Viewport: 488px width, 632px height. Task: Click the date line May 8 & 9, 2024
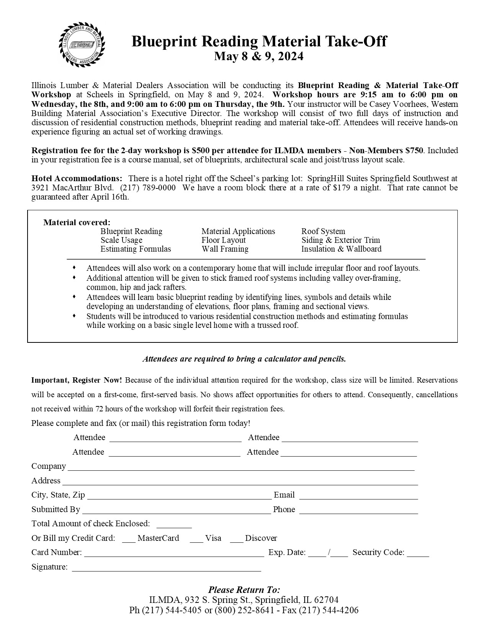(259, 56)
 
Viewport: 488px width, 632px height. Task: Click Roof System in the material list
(323, 231)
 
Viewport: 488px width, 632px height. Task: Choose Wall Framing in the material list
(225, 249)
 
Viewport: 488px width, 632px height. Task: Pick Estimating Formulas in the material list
(135, 249)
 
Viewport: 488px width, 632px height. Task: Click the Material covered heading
(77, 223)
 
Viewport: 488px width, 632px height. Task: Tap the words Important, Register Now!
(77, 380)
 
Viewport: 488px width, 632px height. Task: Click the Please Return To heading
(244, 589)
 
